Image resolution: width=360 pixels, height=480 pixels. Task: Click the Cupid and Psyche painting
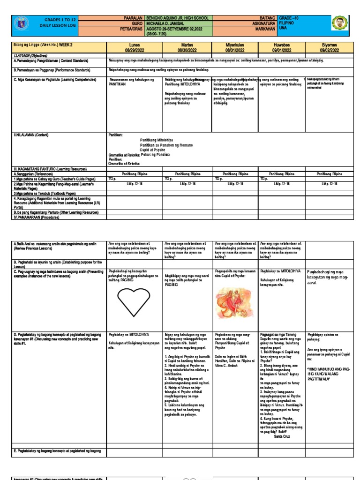[234, 300]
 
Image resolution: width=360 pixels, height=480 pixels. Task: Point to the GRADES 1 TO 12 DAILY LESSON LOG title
[60, 22]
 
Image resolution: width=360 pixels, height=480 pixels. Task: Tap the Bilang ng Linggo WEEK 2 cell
[42, 45]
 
